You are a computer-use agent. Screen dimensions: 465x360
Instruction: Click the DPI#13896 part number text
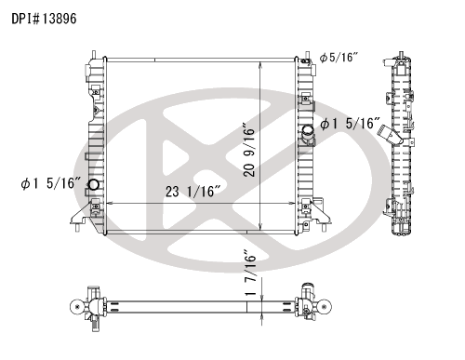(x=44, y=19)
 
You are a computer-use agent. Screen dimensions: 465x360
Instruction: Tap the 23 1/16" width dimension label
(x=193, y=192)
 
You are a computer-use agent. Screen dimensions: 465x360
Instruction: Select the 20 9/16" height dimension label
(x=249, y=151)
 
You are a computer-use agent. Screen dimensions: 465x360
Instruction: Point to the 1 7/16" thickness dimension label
(x=250, y=273)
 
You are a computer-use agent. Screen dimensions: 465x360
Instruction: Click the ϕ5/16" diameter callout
(x=339, y=58)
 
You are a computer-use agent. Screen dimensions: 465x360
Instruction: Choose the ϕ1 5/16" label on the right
(x=350, y=124)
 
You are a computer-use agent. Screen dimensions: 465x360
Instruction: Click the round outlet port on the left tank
(x=93, y=185)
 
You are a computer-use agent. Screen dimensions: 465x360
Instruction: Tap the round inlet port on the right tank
(x=308, y=130)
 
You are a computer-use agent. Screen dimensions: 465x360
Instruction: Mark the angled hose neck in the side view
(x=390, y=135)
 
